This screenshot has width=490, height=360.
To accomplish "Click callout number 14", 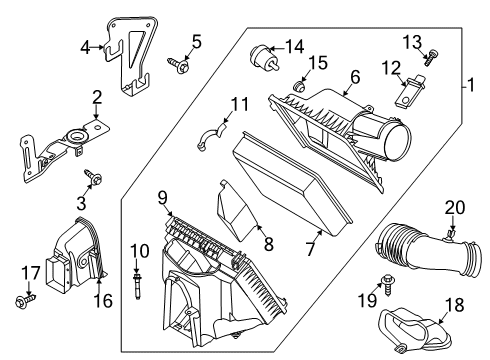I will (294, 46).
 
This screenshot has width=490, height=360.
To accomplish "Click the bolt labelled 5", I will (182, 62).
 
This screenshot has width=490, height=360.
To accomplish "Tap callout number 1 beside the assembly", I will (466, 86).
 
